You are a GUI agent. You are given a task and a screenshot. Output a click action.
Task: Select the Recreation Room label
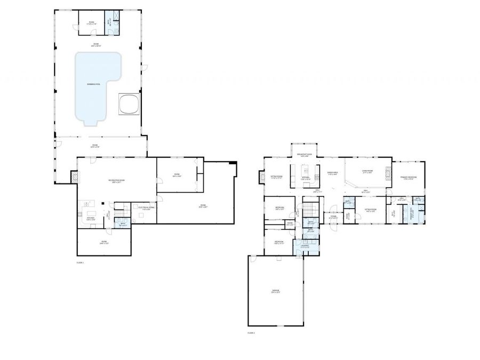pos(117,181)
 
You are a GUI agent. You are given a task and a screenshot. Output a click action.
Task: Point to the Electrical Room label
pos(146,208)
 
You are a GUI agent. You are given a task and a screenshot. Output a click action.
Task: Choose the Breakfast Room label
pos(305,155)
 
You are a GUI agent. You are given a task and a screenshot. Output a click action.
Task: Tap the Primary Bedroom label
pos(409,178)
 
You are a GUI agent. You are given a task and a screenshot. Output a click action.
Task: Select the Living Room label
pos(367,172)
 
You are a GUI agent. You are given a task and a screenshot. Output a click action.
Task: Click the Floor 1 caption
pos(80,262)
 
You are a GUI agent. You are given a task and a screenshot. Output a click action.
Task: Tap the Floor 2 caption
pos(251,333)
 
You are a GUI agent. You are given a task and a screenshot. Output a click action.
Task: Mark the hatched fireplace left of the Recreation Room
pos(74,177)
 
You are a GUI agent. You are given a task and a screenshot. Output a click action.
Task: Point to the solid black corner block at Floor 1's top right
pos(232,163)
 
